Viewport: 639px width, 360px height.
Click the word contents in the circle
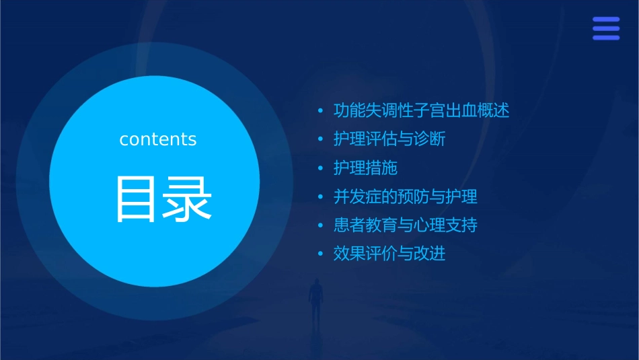[x=158, y=139]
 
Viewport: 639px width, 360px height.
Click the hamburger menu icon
[x=605, y=28]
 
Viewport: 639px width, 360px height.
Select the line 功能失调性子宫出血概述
[x=421, y=110]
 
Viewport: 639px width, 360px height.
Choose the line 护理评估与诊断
[x=389, y=139]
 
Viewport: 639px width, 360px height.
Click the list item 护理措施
[x=365, y=168]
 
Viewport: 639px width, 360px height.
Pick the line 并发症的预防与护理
[x=405, y=197]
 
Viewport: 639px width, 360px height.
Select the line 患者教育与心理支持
[x=405, y=225]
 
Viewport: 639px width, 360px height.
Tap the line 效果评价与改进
[x=389, y=254]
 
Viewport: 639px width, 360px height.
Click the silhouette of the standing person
[x=315, y=300]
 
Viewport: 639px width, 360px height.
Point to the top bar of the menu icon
[x=605, y=19]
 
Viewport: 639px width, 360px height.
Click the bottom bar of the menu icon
[x=605, y=38]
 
